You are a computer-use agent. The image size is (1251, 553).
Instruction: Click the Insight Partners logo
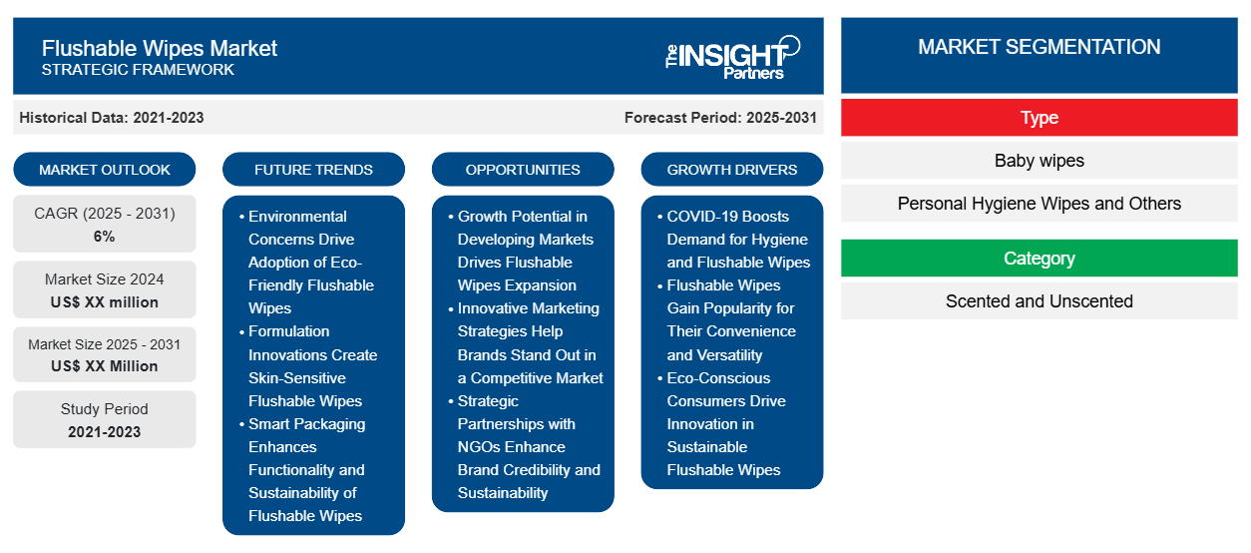tap(732, 58)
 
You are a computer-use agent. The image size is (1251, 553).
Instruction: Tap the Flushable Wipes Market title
tap(160, 48)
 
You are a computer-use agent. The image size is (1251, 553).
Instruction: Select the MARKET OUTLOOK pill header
tap(105, 170)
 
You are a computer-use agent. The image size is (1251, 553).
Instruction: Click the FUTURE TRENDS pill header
tap(313, 170)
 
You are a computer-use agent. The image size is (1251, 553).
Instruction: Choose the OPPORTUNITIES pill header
tap(523, 170)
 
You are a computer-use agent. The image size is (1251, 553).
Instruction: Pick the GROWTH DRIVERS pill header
tap(731, 170)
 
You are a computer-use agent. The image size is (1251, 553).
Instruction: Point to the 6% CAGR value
tap(105, 237)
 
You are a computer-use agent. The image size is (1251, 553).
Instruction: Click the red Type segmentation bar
tap(1040, 118)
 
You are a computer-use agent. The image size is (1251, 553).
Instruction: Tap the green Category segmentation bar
tap(1040, 259)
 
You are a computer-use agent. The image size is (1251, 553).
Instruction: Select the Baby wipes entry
tap(1040, 161)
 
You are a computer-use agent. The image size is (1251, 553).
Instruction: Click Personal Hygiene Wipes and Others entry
tap(1040, 204)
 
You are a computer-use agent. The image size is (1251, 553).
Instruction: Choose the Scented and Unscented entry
tap(1040, 301)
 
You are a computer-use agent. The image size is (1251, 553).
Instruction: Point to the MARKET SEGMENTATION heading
tap(1040, 47)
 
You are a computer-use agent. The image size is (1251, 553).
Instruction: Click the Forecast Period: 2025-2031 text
tap(720, 118)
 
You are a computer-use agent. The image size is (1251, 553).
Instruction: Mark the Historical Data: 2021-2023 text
tap(112, 118)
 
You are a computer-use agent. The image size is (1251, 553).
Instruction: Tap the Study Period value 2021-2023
tap(105, 432)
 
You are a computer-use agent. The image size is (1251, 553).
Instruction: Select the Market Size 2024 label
tap(105, 279)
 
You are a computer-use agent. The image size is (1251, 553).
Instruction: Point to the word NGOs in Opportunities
tap(480, 447)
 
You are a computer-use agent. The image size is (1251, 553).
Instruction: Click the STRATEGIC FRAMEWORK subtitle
tap(138, 70)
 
